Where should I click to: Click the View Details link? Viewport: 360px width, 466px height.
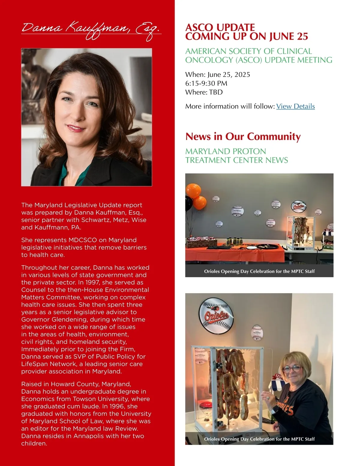(x=295, y=106)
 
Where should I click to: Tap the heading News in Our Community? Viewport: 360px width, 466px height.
(x=243, y=137)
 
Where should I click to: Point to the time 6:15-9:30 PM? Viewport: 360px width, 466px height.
(x=206, y=83)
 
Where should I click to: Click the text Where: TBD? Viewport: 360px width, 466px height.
(x=204, y=92)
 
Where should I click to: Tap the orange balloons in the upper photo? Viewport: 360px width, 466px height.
(x=196, y=195)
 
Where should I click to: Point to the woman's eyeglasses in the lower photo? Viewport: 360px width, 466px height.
(x=292, y=368)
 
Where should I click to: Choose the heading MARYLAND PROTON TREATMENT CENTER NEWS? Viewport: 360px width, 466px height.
(x=236, y=155)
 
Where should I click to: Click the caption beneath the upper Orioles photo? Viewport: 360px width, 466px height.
(x=259, y=271)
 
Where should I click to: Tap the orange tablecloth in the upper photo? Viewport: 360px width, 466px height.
(x=234, y=254)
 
